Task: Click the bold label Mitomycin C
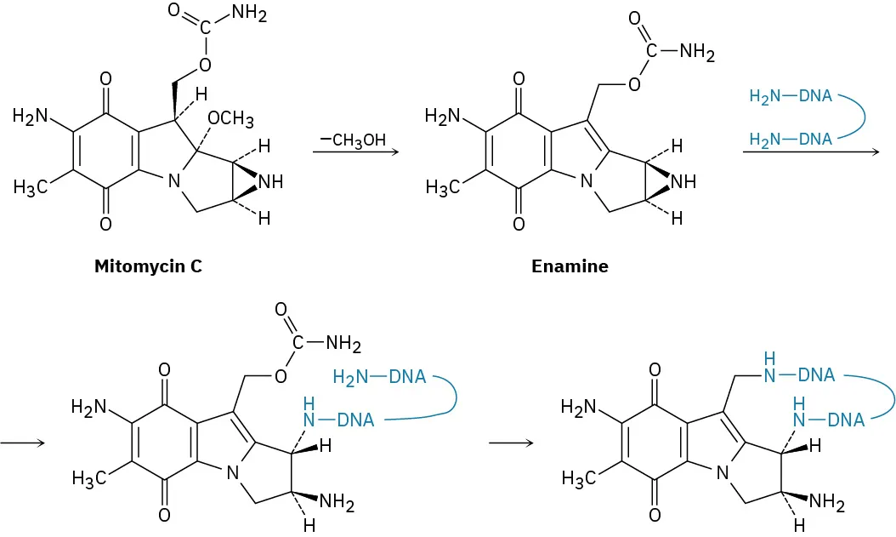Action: click(x=149, y=266)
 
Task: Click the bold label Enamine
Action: click(x=570, y=266)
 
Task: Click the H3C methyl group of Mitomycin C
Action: click(x=31, y=187)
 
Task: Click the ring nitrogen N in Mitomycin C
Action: click(x=173, y=181)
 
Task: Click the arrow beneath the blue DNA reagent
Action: click(x=809, y=152)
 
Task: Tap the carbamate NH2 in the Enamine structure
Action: click(x=697, y=53)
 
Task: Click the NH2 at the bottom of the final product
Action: click(x=826, y=503)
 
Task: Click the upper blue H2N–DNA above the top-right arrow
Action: click(x=791, y=96)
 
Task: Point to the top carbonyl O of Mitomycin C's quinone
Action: click(x=105, y=79)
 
